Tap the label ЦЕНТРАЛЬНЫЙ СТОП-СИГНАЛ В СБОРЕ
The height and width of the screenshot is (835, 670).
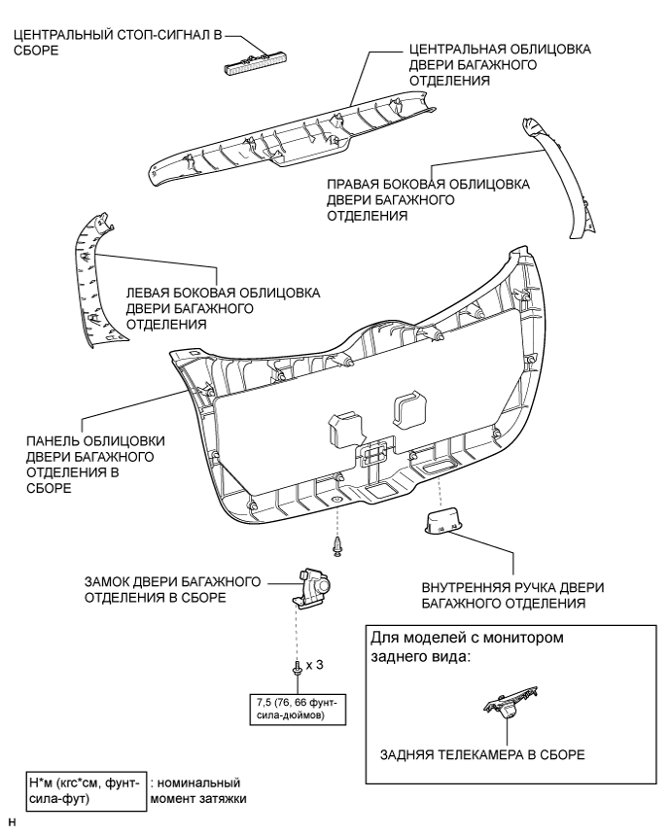[115, 44]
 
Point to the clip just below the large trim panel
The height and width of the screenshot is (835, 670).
[336, 546]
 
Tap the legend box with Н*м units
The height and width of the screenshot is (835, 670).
[87, 790]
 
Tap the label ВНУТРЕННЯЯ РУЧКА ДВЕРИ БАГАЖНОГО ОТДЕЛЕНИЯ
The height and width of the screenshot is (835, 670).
[511, 596]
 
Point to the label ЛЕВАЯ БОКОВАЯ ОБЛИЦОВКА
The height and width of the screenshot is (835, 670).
[223, 309]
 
